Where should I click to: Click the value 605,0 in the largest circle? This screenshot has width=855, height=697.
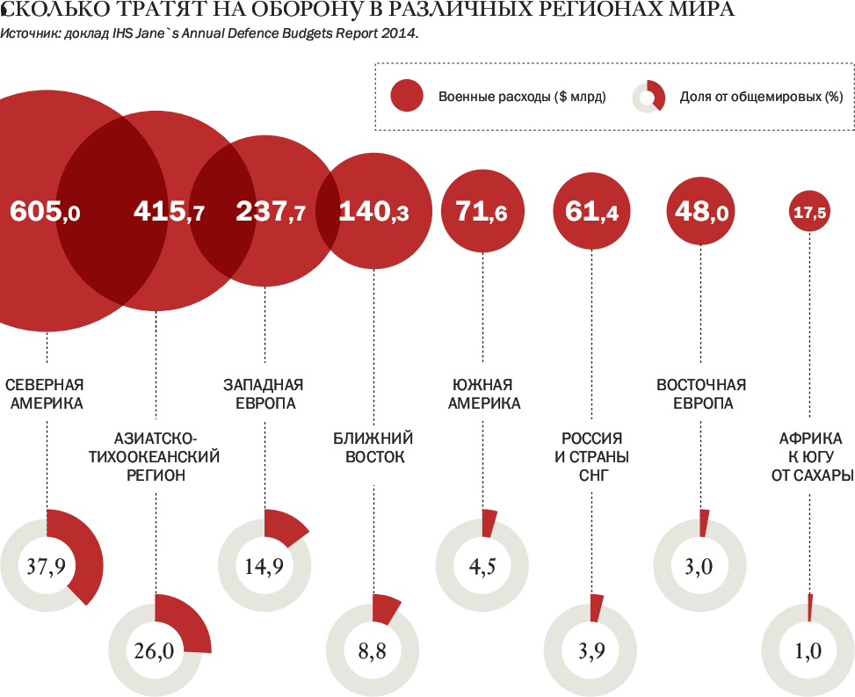coord(45,211)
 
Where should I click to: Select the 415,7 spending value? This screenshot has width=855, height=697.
coord(169,211)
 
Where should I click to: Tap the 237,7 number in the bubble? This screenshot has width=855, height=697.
coord(271,211)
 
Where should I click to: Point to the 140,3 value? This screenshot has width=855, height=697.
coord(373,211)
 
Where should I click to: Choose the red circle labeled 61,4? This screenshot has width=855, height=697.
coord(592,211)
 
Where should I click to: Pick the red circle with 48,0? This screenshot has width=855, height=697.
coord(701,211)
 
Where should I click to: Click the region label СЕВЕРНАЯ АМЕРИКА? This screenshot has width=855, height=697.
coord(45,394)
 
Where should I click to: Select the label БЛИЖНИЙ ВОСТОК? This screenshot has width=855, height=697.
coord(373,447)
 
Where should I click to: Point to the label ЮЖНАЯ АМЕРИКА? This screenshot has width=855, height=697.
coord(483,394)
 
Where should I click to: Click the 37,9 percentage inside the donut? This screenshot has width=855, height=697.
coord(46,566)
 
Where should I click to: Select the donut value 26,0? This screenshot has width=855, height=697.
coord(155,651)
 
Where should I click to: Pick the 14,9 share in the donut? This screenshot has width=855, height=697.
coord(264,566)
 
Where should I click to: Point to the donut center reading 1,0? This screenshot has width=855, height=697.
coord(808,651)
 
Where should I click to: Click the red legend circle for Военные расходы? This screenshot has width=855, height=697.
coord(406,96)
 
